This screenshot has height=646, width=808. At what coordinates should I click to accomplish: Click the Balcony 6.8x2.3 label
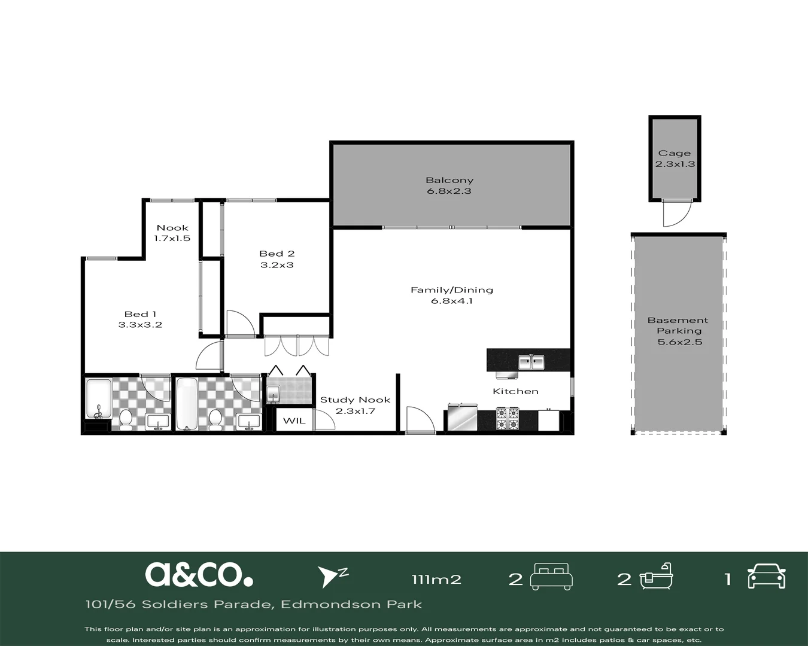pos(449,185)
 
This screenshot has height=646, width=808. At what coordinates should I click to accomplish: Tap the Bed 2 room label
pos(277,254)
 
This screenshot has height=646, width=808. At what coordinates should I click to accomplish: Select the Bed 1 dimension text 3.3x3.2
pos(140,325)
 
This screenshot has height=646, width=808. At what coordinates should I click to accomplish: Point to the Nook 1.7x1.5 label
pos(172,233)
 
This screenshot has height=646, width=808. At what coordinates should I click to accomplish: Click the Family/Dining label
pos(452,290)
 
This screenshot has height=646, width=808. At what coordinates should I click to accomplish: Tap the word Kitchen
pos(515,392)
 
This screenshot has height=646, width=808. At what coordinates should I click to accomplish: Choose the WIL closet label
pos(294,420)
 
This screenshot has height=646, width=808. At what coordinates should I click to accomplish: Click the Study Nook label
pos(355,400)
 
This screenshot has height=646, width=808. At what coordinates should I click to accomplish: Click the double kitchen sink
pos(531,362)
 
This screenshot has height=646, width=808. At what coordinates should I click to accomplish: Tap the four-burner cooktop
pos(508,419)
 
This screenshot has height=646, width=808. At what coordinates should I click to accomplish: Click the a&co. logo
pos(199,574)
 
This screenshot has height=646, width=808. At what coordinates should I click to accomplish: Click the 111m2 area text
pos(436,580)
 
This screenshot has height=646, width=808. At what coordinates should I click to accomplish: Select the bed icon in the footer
pos(551,577)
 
